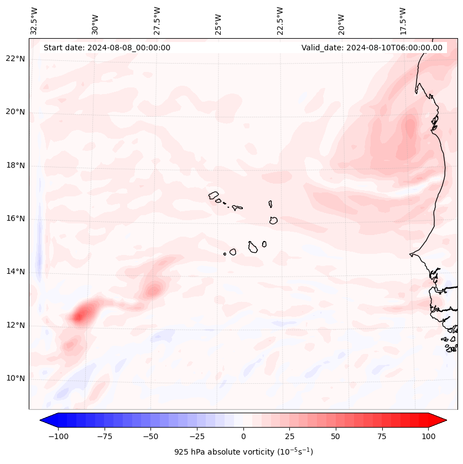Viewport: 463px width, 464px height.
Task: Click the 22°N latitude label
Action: point(15,59)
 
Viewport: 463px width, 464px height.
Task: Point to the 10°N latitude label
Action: point(15,378)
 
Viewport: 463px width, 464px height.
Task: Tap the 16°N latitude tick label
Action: point(15,218)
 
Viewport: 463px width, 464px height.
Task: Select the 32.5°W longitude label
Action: point(34,20)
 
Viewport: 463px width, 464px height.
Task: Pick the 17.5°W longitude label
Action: point(403,20)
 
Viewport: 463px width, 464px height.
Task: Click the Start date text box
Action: point(107,48)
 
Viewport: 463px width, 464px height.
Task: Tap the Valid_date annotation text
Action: point(372,48)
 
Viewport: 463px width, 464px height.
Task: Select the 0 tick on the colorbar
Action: point(243,436)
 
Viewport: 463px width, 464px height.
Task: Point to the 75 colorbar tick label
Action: point(382,436)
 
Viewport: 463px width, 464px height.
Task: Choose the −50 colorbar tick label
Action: point(150,436)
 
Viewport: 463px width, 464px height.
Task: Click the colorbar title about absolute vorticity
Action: point(243,452)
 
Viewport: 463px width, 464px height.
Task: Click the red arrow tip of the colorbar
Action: point(443,420)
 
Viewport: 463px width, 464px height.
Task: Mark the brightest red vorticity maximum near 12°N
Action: point(81,316)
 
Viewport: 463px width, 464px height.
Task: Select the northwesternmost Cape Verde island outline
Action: point(214,195)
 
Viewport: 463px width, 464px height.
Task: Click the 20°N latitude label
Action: point(15,112)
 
